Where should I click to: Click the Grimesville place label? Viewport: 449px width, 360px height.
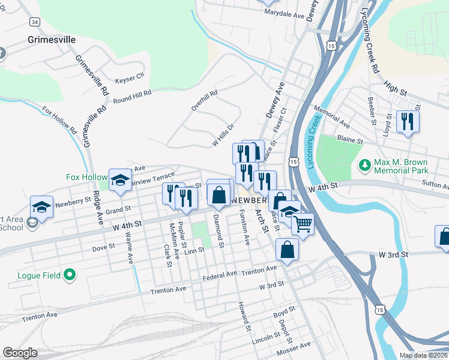click(52, 40)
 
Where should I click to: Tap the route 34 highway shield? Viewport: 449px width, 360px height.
click(35, 22)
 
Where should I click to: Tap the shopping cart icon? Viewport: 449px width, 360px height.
click(304, 224)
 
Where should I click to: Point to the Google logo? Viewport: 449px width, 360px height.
click(20, 353)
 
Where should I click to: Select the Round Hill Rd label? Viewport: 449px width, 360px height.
click(131, 96)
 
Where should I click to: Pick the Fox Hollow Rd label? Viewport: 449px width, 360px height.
click(59, 120)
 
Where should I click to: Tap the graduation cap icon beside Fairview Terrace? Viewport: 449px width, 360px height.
click(121, 179)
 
